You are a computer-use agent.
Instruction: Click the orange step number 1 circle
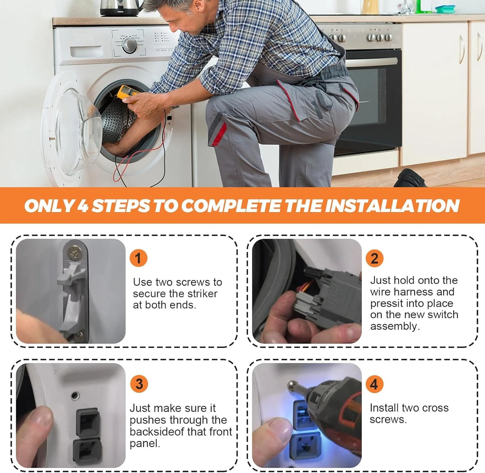(x=138, y=258)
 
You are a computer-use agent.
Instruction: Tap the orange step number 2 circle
(x=375, y=258)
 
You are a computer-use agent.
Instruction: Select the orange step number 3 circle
(x=139, y=384)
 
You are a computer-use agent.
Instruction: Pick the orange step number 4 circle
(x=374, y=384)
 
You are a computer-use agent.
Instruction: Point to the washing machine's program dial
(x=129, y=45)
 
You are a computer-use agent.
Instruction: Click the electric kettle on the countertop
(x=120, y=8)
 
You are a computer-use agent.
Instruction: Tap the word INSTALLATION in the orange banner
(x=392, y=206)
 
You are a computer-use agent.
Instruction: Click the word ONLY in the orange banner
(x=49, y=206)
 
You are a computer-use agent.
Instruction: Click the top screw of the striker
(x=74, y=254)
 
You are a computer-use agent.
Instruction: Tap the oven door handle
(x=371, y=61)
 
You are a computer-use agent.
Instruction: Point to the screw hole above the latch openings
(x=75, y=396)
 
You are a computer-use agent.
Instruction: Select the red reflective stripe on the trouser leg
(x=219, y=135)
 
